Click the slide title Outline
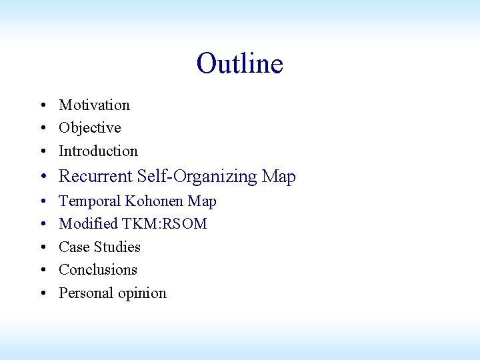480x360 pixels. [240, 64]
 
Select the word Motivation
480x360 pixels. [94, 105]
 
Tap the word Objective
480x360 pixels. [90, 127]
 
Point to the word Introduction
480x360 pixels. [98, 151]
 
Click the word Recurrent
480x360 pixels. [96, 177]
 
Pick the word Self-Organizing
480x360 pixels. [197, 177]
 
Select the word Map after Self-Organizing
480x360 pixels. [279, 177]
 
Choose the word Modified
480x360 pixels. [88, 223]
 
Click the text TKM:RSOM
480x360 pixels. [164, 223]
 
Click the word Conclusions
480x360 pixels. [98, 269]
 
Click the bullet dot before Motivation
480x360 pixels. [42, 105]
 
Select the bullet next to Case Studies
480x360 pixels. [42, 247]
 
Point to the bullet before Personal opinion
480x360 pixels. [42, 293]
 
